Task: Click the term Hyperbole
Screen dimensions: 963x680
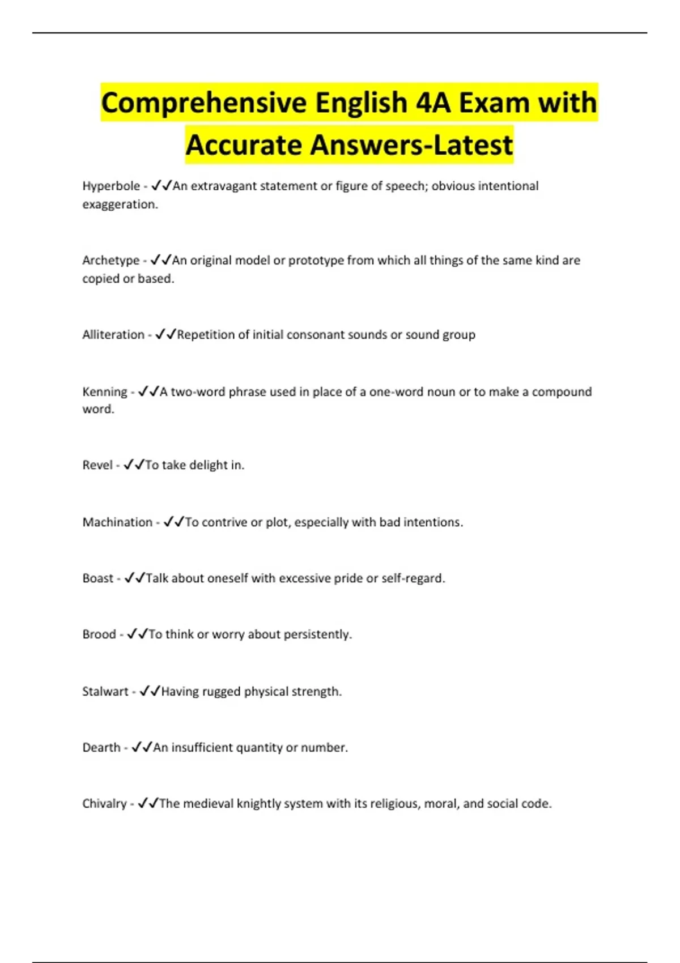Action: tap(111, 186)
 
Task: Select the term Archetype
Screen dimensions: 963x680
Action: tap(110, 261)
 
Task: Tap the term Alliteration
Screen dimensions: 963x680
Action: tap(113, 335)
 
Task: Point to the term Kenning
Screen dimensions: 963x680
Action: tap(105, 392)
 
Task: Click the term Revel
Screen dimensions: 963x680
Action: tap(97, 465)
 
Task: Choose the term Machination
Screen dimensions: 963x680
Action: tap(117, 522)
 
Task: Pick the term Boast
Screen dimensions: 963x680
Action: tap(98, 578)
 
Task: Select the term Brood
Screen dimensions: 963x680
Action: tap(99, 634)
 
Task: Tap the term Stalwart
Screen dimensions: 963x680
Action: tap(105, 692)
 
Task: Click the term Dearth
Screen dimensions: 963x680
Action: tap(101, 748)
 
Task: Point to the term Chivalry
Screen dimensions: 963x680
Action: tap(104, 804)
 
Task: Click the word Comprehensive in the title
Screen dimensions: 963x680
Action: tap(204, 104)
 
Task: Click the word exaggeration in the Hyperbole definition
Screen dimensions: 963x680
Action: tap(119, 204)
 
